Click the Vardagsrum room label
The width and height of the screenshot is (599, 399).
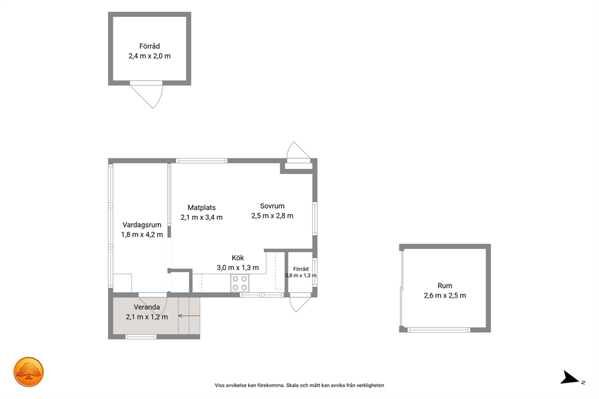142,225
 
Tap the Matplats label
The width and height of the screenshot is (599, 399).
201,208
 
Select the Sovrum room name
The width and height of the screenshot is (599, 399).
272,206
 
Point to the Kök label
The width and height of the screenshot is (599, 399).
238,258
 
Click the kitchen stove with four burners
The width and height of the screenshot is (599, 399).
240,283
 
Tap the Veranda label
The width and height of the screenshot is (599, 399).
147,307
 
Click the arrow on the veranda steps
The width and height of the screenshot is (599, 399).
189,316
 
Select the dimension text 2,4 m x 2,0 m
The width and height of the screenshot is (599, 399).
149,56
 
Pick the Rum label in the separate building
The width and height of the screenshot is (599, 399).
444,286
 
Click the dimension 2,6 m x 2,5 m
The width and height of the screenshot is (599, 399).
444,295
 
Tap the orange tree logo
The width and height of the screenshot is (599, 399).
28,372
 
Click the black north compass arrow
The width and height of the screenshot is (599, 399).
569,378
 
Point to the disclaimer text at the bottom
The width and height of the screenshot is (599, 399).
299,385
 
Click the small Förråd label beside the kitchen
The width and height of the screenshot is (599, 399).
301,269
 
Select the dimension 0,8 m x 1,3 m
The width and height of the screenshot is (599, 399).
301,275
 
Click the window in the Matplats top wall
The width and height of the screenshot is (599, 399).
201,161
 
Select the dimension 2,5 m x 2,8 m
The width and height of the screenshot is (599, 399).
272,215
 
